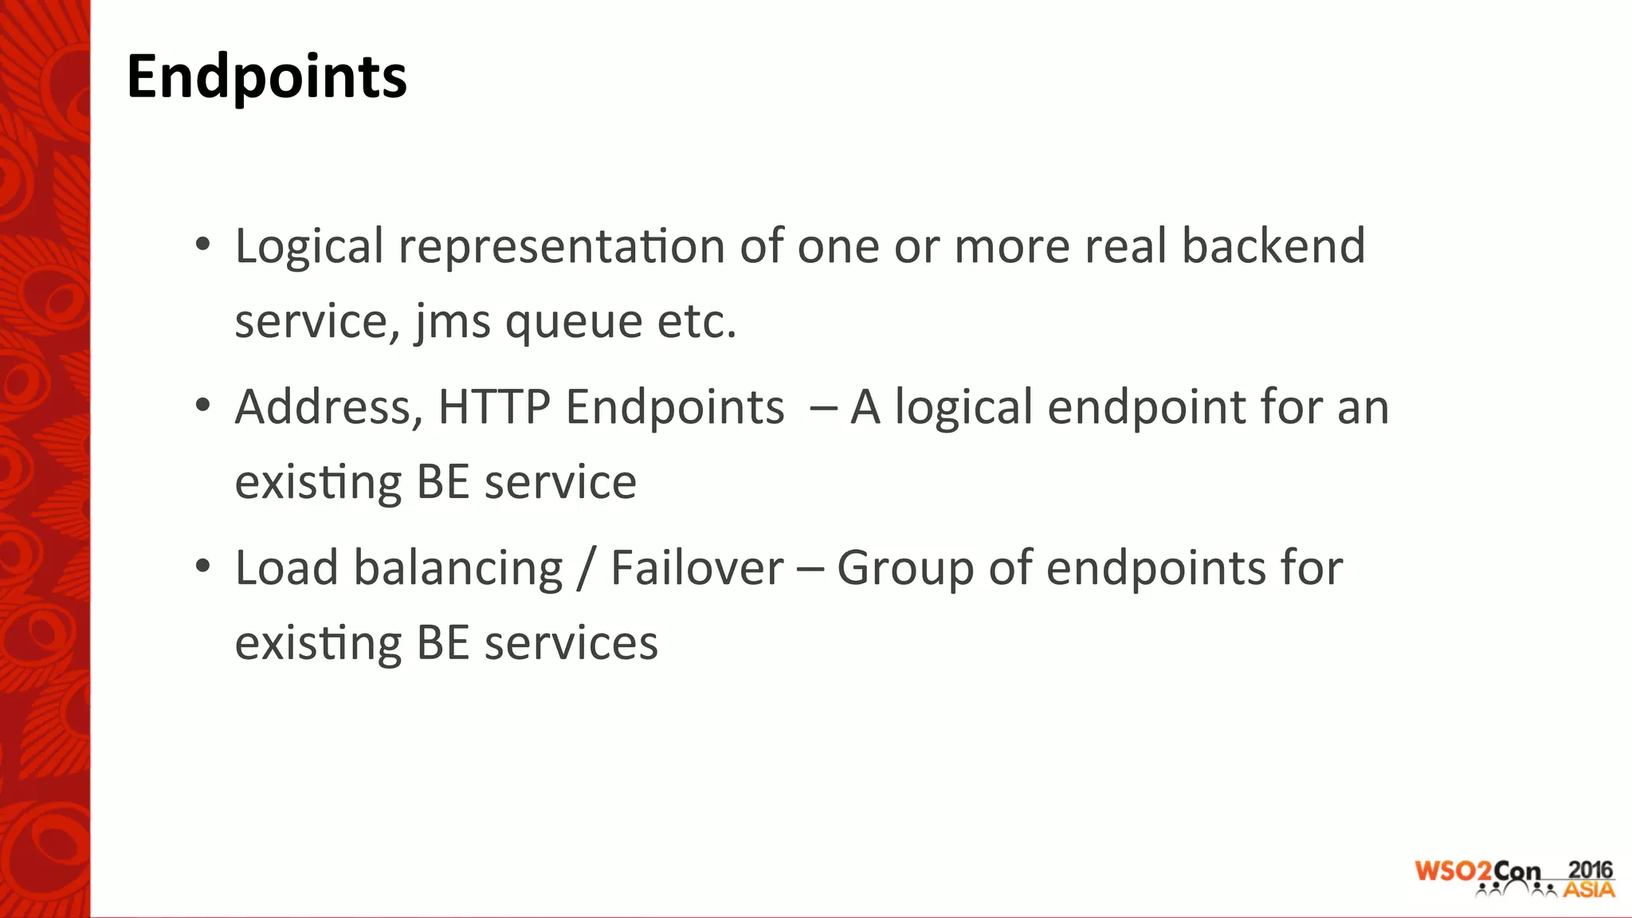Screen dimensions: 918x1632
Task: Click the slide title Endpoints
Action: (266, 76)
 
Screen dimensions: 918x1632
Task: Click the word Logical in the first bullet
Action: (309, 246)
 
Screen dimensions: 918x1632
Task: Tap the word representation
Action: (562, 246)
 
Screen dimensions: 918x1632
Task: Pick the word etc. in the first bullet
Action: (696, 322)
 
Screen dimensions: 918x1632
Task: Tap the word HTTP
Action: (494, 407)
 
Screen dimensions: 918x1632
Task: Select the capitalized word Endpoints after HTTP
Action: (675, 407)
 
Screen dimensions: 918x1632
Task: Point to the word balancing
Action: (458, 570)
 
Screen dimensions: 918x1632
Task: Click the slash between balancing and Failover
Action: (587, 570)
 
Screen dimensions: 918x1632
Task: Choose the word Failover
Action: (697, 568)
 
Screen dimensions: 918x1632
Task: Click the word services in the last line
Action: (571, 643)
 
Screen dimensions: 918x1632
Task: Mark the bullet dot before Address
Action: (202, 406)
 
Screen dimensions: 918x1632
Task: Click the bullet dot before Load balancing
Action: (202, 567)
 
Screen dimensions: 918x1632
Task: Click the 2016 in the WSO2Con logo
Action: (1590, 869)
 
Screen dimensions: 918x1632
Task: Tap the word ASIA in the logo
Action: (1589, 889)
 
